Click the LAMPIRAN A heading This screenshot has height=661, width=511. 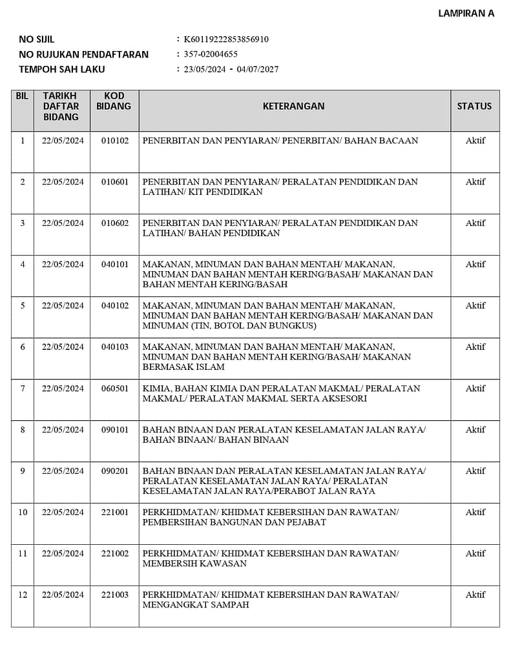pos(466,13)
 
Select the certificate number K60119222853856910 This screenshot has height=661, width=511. pos(226,39)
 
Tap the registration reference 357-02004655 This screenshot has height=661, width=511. pos(211,54)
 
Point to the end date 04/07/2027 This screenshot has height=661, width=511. pos(258,69)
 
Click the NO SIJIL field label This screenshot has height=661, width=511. pos(37,39)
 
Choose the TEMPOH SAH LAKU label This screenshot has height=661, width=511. pos(62,69)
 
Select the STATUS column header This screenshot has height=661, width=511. pos(474,106)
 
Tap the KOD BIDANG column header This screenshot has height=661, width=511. pos(114,101)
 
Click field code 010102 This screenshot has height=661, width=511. pos(115,141)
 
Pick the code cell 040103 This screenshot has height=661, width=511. pos(115,347)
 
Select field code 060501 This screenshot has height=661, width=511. pos(115,389)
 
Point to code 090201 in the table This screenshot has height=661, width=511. pos(115,471)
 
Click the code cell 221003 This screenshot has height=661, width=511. pos(115,595)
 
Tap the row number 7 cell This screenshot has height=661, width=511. pos(23,389)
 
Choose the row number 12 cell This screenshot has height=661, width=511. pos(23,595)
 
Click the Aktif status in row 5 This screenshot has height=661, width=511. pos(475,306)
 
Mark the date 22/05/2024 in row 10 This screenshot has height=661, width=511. pos(63,513)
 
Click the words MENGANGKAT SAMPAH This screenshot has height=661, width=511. pos(196,605)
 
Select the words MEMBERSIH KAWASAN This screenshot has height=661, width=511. pos(194,564)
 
